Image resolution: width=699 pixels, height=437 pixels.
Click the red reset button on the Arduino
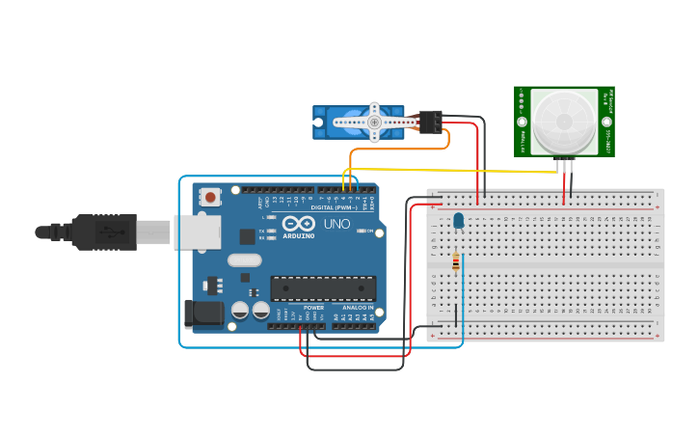(210, 197)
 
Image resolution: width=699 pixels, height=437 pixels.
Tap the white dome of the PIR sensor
(562, 123)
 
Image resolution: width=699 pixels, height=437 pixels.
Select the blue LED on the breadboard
(458, 222)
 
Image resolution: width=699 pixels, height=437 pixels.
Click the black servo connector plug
(430, 122)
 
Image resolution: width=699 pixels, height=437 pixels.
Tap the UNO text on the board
(336, 224)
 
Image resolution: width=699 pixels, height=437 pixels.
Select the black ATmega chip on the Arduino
(323, 287)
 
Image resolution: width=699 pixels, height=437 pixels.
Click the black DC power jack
(202, 313)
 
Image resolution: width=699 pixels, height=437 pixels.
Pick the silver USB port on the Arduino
(197, 232)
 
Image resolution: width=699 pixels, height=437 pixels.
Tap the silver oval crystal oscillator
(245, 259)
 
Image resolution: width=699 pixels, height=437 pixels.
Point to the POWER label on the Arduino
(314, 307)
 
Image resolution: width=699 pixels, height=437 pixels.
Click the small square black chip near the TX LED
(247, 235)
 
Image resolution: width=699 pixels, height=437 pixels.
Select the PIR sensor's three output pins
(564, 166)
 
